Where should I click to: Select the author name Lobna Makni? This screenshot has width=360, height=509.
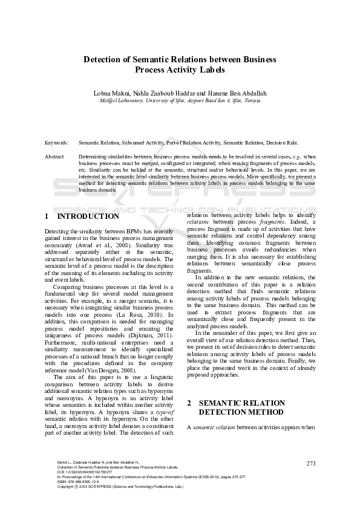tap(111, 93)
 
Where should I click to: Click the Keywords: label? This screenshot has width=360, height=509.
tap(57, 143)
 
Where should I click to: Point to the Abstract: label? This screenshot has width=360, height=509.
tap(55, 157)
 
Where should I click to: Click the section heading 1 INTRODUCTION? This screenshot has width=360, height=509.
tap(82, 216)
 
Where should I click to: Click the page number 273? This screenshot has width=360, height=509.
tap(312, 463)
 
